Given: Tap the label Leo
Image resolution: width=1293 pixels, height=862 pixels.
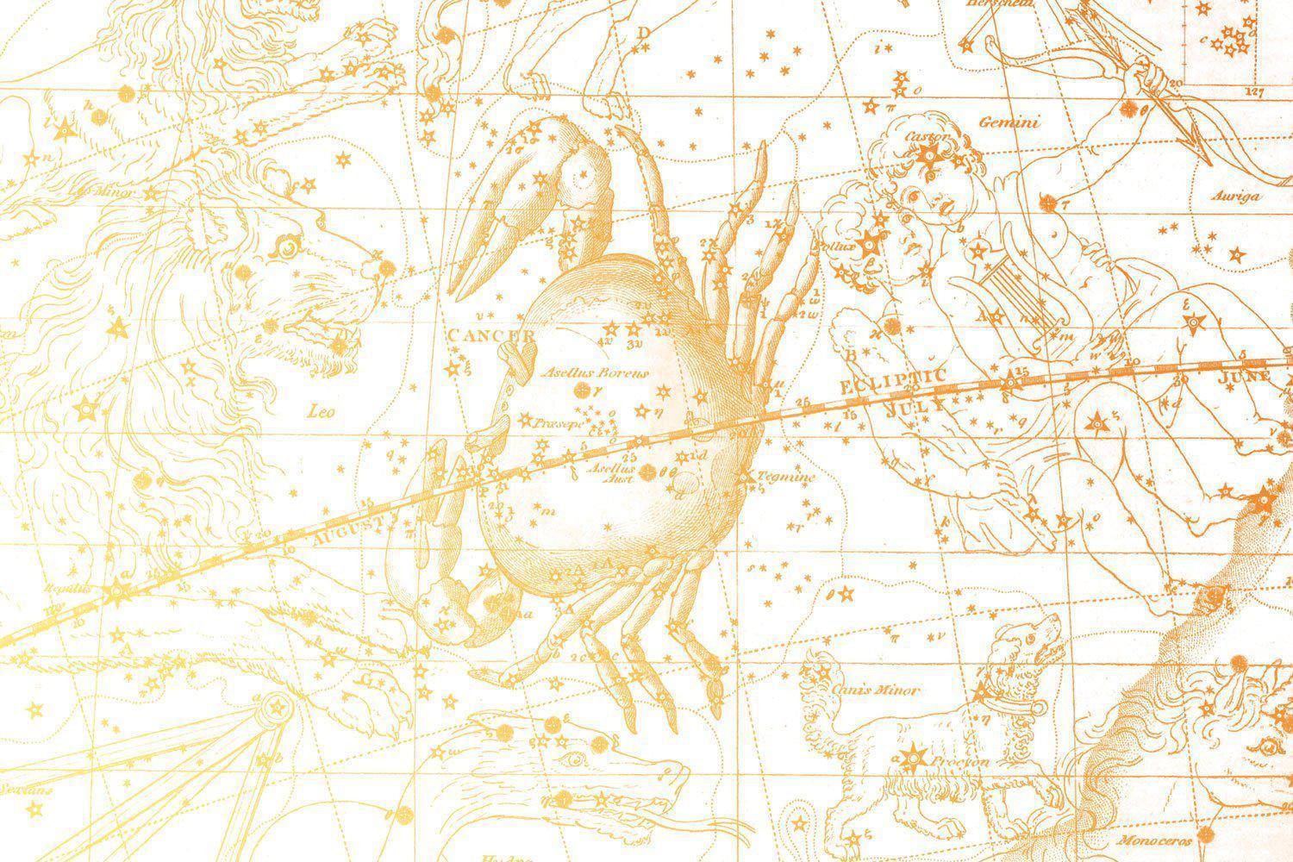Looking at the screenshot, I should (322, 412).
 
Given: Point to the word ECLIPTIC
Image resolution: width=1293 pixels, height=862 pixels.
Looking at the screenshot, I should (892, 381).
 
